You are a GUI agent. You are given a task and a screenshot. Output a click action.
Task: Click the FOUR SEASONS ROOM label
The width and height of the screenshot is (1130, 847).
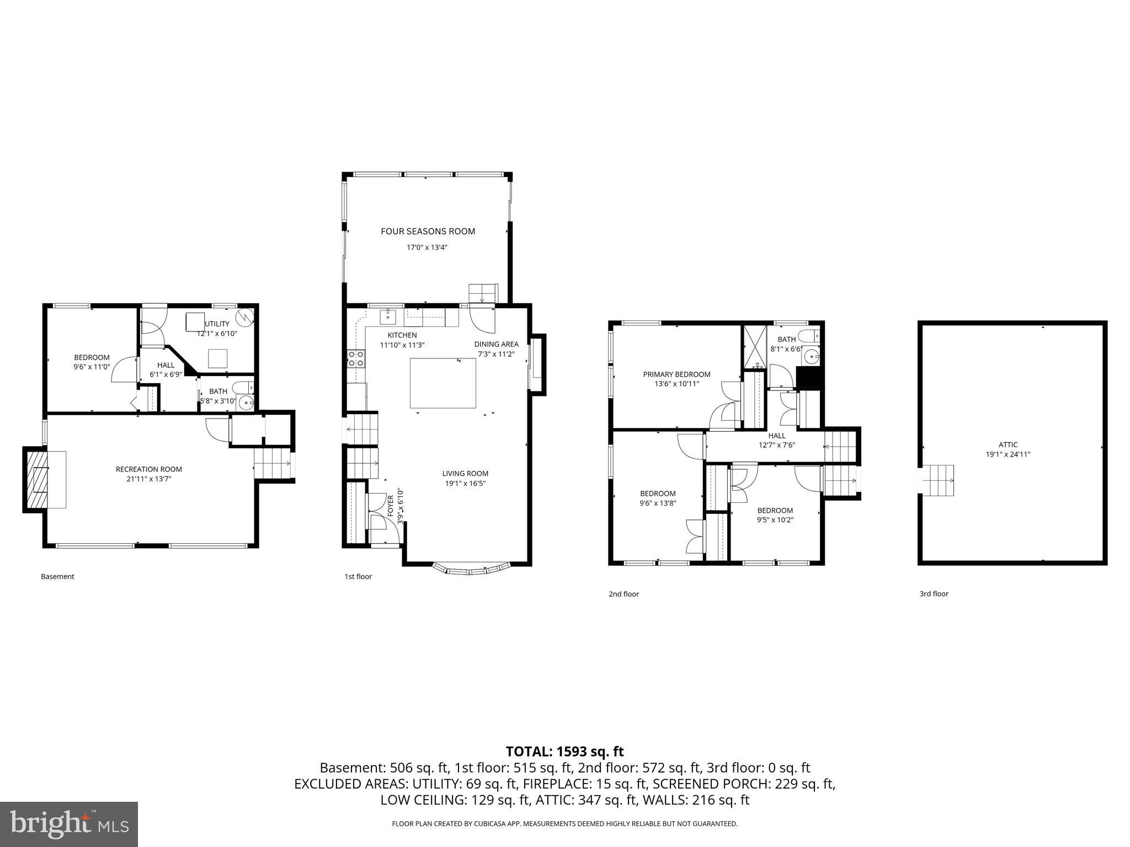[428, 232]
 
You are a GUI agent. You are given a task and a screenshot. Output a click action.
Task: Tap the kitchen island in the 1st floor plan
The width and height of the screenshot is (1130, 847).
[443, 383]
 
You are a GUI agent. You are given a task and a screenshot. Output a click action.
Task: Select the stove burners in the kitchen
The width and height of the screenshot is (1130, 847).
[355, 359]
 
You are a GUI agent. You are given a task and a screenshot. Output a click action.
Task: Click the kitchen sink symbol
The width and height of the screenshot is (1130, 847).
[388, 317]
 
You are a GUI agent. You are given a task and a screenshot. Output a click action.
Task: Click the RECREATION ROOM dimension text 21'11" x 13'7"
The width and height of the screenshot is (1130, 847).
[148, 479]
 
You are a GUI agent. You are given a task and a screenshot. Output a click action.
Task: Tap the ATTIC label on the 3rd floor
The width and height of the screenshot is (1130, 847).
[1008, 444]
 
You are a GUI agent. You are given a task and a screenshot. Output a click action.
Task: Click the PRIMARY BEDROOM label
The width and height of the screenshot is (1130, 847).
[676, 374]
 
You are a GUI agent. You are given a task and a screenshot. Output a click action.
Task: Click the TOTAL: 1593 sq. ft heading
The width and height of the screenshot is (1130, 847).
[564, 751]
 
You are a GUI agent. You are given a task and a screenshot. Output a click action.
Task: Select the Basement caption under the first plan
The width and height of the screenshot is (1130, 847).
[57, 577]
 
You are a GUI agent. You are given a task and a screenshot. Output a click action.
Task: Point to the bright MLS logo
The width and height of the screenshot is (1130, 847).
[69, 824]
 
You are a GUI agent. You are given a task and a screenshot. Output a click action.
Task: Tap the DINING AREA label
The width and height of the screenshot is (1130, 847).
[496, 344]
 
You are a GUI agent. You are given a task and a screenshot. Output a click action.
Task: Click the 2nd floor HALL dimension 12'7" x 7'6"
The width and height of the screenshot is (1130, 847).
[776, 445]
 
